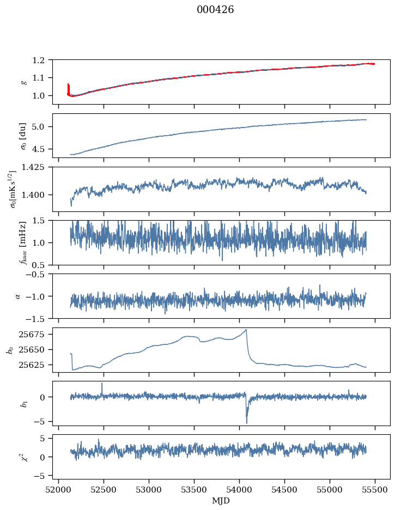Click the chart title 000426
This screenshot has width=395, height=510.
click(x=215, y=10)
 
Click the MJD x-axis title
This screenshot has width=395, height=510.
click(x=221, y=500)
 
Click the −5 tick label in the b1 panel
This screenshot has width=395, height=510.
click(x=44, y=422)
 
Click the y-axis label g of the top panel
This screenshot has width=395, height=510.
click(x=23, y=82)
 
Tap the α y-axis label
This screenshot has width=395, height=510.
click(x=17, y=296)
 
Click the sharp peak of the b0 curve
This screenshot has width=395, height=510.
click(x=246, y=330)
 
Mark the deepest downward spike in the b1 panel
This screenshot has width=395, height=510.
click(x=247, y=423)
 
